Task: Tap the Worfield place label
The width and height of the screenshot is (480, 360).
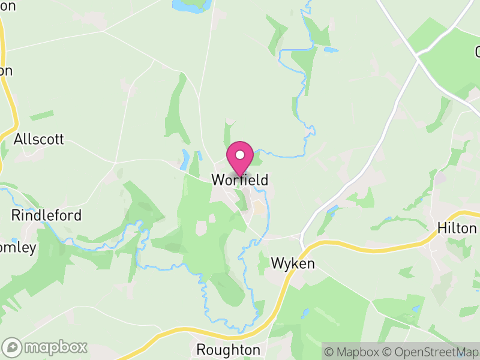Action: click(x=239, y=180)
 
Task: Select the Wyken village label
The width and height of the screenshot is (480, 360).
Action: click(x=293, y=263)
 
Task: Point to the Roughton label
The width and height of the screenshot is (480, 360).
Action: click(x=229, y=350)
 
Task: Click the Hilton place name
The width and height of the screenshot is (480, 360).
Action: click(x=457, y=229)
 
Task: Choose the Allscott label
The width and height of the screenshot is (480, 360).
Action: click(x=38, y=140)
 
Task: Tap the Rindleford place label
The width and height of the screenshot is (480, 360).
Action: click(x=46, y=215)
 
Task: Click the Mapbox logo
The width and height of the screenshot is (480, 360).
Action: click(x=46, y=347)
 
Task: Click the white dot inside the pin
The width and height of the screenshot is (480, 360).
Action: click(x=240, y=155)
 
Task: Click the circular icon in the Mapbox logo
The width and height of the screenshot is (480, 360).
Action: click(x=13, y=347)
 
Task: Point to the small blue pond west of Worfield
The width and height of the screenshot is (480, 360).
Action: click(x=185, y=159)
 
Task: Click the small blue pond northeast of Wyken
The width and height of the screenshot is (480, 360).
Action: click(x=332, y=210)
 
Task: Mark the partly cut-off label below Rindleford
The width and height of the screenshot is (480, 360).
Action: click(x=18, y=247)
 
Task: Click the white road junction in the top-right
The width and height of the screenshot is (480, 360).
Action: click(x=418, y=58)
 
